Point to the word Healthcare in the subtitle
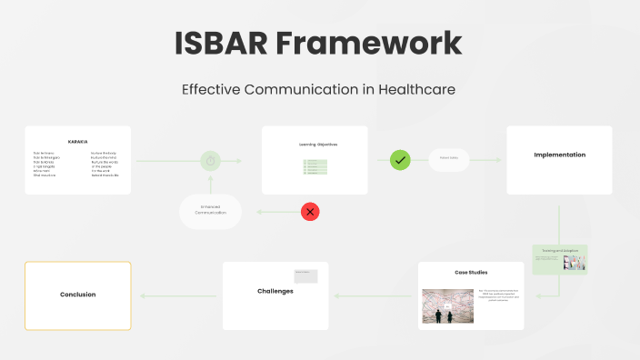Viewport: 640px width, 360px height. coord(413,90)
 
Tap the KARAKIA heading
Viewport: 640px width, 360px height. coord(78,142)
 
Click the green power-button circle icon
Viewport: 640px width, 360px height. coord(211,161)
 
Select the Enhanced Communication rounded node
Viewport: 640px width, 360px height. coord(210,211)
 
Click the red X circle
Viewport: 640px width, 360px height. coord(311,212)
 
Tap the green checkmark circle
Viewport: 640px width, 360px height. coord(400,160)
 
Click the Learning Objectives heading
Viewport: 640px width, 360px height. coord(315,144)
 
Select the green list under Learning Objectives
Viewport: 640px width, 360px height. coord(315,166)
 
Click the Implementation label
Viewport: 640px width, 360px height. coord(559,155)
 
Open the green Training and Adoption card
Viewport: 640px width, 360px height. coord(560,259)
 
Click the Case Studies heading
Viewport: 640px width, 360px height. coord(471,272)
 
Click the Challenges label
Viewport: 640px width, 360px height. coord(275,291)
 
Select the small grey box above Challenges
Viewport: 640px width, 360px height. coord(305,276)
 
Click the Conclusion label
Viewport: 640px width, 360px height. coord(77,295)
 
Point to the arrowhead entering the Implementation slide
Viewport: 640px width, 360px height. coord(498,160)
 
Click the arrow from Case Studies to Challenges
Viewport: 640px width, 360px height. coord(373,295)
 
